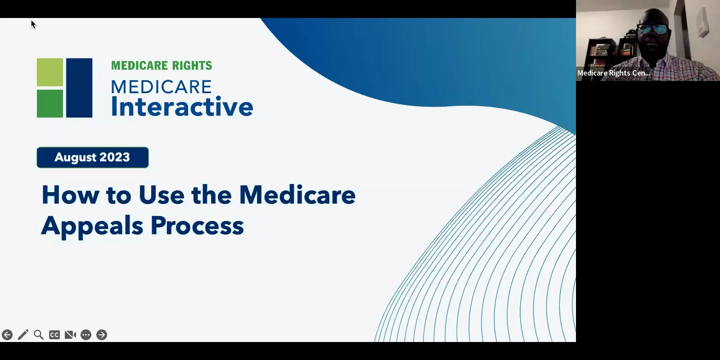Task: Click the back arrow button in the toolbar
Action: (7, 335)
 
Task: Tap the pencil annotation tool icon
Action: (23, 335)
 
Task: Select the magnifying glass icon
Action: (39, 335)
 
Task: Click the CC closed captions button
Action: (54, 335)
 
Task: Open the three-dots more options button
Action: (86, 335)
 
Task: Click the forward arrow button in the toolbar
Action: (102, 335)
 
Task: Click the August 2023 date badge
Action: (93, 157)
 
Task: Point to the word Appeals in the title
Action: (92, 226)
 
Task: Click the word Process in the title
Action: (197, 225)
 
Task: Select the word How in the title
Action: (70, 195)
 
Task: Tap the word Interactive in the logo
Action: (182, 107)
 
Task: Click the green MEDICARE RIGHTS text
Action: (162, 65)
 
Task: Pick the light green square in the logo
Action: (50, 72)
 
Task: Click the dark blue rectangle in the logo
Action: (79, 88)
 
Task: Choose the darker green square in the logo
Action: (50, 103)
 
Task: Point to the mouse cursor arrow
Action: (33, 24)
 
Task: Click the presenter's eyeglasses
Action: (653, 29)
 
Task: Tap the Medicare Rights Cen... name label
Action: (614, 73)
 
